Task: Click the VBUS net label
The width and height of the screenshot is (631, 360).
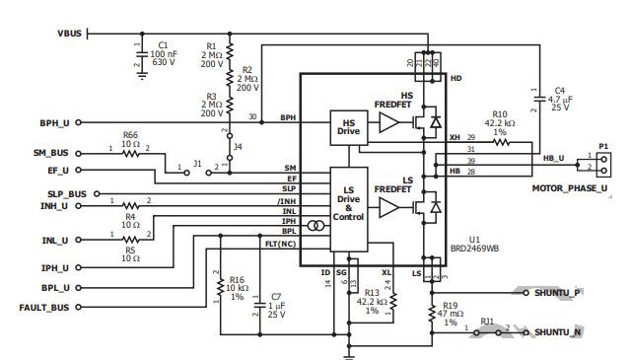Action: click(70, 34)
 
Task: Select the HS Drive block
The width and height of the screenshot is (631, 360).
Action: click(349, 127)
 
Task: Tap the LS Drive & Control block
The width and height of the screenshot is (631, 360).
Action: click(349, 209)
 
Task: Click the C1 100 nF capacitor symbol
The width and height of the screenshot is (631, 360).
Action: click(142, 53)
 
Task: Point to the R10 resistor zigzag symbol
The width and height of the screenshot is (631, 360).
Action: click(502, 142)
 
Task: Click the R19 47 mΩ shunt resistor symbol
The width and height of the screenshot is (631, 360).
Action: click(432, 313)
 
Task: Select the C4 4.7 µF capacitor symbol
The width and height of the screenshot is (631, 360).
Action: click(539, 99)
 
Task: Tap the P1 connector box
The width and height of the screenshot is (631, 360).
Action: click(603, 165)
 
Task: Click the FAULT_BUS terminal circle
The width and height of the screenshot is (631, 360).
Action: click(79, 308)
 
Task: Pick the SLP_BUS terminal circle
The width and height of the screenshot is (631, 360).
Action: click(97, 194)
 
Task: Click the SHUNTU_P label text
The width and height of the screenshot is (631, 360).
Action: click(557, 293)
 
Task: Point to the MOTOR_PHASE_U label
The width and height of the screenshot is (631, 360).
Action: click(570, 188)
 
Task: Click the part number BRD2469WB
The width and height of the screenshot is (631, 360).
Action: click(474, 249)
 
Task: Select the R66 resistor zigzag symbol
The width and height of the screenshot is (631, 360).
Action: click(130, 154)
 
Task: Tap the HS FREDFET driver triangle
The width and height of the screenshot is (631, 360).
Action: click(389, 122)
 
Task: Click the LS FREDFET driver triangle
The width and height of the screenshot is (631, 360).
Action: click(389, 208)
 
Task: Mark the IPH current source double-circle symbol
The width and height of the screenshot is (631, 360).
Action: click(315, 226)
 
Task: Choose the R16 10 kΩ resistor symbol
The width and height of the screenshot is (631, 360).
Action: click(220, 288)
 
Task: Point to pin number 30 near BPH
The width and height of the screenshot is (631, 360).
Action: click(252, 116)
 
